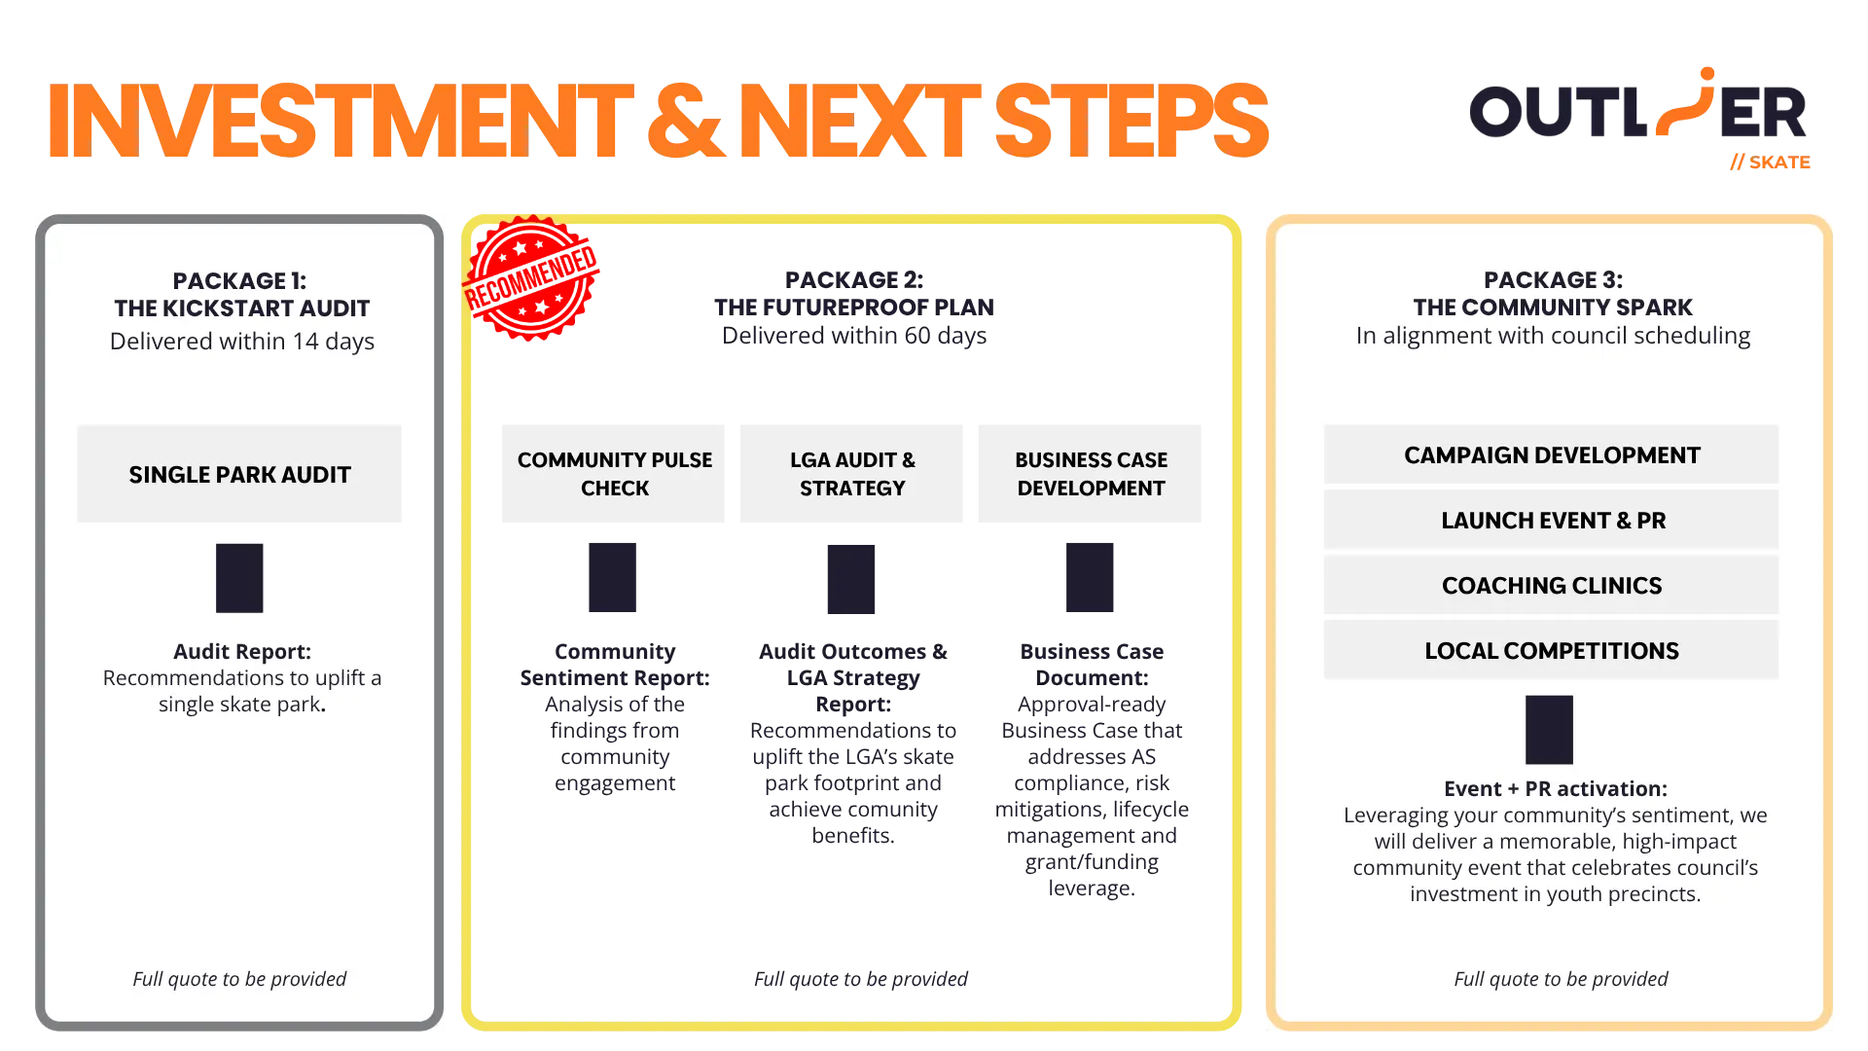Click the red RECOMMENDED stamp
click(531, 278)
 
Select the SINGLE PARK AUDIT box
click(239, 474)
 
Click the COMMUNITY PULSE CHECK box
click(614, 474)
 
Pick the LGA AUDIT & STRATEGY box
click(851, 474)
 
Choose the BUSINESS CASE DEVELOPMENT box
click(1090, 474)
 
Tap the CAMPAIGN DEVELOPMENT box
click(1551, 454)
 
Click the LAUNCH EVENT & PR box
click(1551, 520)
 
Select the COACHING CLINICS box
click(1551, 585)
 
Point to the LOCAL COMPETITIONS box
click(1551, 650)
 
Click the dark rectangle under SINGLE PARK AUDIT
click(239, 578)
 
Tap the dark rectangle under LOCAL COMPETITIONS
click(1549, 730)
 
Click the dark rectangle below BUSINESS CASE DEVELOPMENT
click(1090, 578)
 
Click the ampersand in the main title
click(687, 121)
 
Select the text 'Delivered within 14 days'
click(242, 342)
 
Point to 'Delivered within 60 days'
click(854, 336)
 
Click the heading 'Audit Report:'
click(242, 651)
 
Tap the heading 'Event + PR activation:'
click(1556, 788)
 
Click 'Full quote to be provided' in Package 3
click(1561, 979)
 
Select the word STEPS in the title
click(1132, 121)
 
